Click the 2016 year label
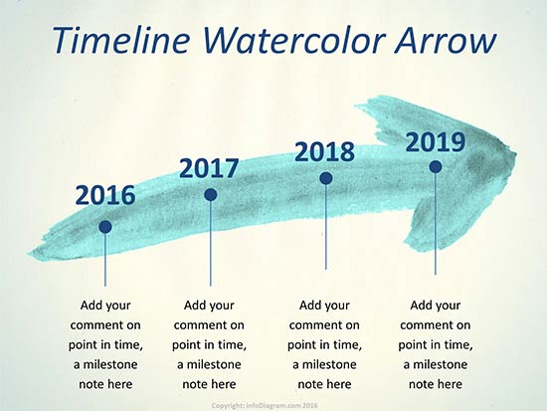pyautogui.click(x=105, y=195)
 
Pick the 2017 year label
pyautogui.click(x=209, y=168)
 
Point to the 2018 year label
pyautogui.click(x=325, y=152)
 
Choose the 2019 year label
pyautogui.click(x=436, y=142)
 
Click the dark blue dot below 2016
pyautogui.click(x=105, y=227)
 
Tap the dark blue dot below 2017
pyautogui.click(x=211, y=195)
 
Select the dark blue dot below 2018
pyautogui.click(x=326, y=178)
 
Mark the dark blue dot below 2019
pyautogui.click(x=436, y=166)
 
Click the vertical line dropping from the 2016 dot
pyautogui.click(x=105, y=260)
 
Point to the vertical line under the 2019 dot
pyautogui.click(x=436, y=224)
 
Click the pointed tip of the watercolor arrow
pyautogui.click(x=516, y=153)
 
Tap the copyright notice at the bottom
pyautogui.click(x=265, y=406)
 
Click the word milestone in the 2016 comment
pyautogui.click(x=110, y=365)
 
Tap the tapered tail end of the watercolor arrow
pyautogui.click(x=29, y=253)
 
